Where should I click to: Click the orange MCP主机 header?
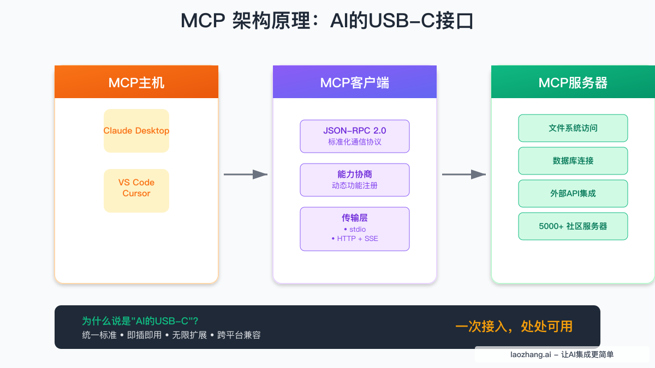[136, 82]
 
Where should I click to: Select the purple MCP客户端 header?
[355, 82]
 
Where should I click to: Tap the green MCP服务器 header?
[573, 82]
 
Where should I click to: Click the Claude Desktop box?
[136, 131]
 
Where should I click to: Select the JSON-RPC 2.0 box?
[355, 136]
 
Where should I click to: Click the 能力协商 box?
[355, 179]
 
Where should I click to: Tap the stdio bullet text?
[355, 230]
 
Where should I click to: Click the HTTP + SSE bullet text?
[355, 239]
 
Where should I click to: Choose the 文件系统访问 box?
[573, 128]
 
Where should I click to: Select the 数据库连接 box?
[573, 161]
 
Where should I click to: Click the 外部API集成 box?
[573, 194]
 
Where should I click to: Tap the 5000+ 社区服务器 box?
[573, 226]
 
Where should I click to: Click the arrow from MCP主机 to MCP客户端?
[246, 174]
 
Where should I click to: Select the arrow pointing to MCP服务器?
[464, 174]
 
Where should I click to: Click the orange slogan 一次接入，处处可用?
[514, 327]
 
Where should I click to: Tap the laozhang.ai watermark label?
[562, 354]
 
